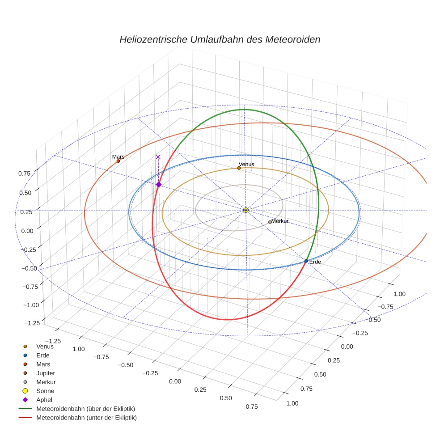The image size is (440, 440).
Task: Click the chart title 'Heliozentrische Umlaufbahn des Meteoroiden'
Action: click(220, 39)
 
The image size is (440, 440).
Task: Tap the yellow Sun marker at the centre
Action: click(245, 210)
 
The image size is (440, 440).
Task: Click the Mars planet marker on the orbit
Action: click(118, 161)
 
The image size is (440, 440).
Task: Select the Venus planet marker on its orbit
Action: click(239, 168)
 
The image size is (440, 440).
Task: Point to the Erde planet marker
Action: click(306, 261)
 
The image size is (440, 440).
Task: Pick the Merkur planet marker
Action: click(270, 222)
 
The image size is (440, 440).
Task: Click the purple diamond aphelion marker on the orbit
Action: click(158, 184)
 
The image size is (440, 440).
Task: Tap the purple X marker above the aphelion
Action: click(158, 157)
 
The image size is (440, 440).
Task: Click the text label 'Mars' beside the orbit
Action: click(118, 157)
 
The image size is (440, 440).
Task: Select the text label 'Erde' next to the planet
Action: click(315, 262)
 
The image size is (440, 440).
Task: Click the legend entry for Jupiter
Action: click(46, 373)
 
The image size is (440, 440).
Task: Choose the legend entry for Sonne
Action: click(45, 391)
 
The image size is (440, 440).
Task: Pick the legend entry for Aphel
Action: click(44, 400)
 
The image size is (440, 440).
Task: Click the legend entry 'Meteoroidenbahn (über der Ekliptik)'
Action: click(85, 409)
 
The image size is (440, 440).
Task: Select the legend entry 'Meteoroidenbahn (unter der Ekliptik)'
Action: click(86, 418)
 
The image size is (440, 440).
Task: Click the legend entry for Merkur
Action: click(46, 382)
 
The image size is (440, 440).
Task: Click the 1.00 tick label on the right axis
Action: click(292, 403)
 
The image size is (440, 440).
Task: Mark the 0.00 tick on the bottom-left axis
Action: click(175, 381)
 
